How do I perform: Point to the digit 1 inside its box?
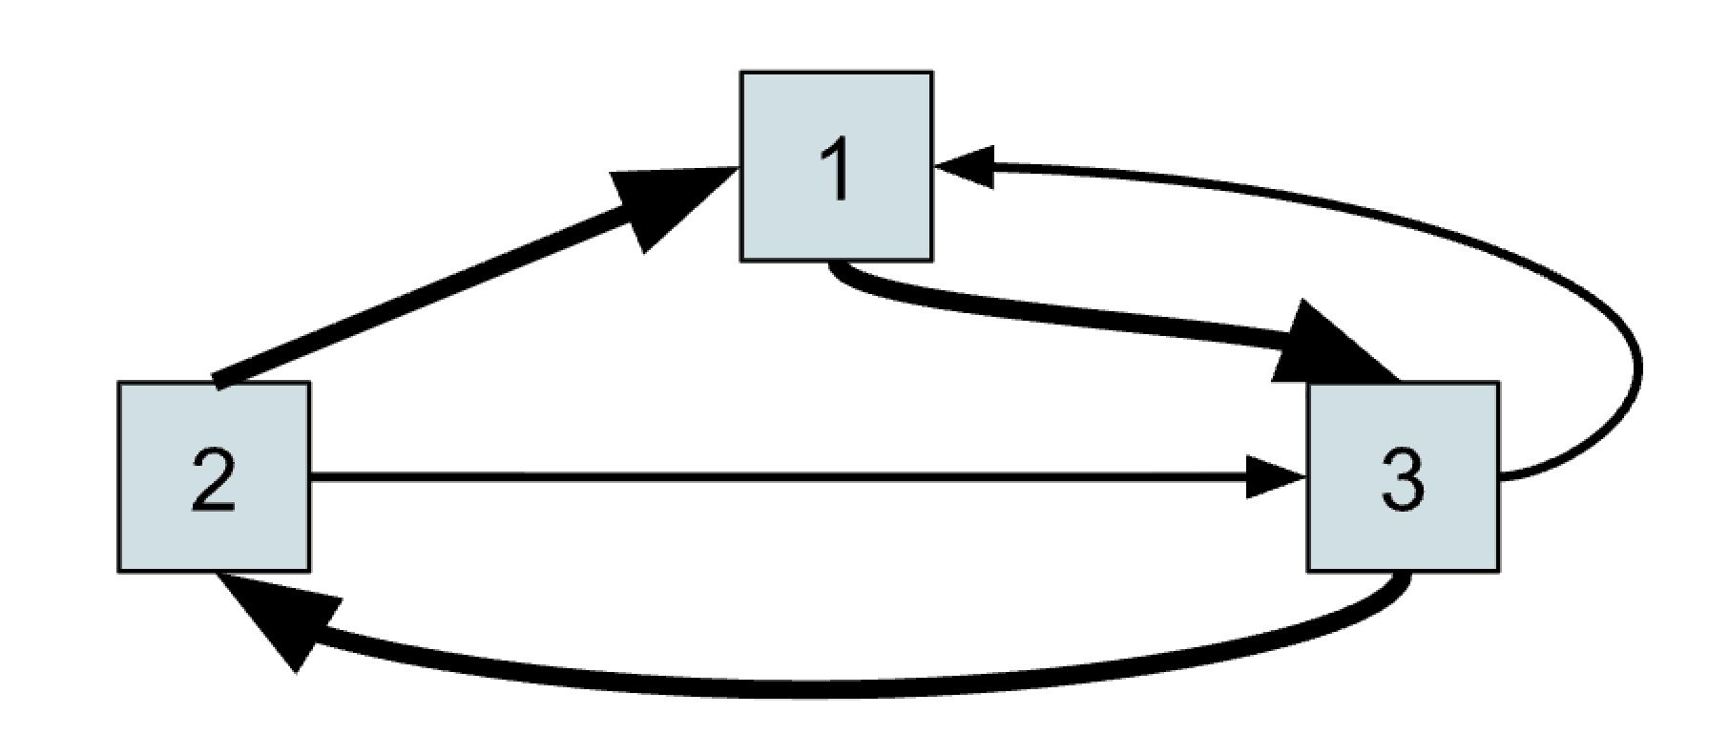pyautogui.click(x=837, y=169)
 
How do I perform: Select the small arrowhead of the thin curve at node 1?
pyautogui.click(x=969, y=166)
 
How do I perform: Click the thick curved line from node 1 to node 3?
pyautogui.click(x=1050, y=316)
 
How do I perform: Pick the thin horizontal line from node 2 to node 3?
pyautogui.click(x=763, y=476)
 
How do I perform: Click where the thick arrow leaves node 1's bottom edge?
pyautogui.click(x=834, y=264)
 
